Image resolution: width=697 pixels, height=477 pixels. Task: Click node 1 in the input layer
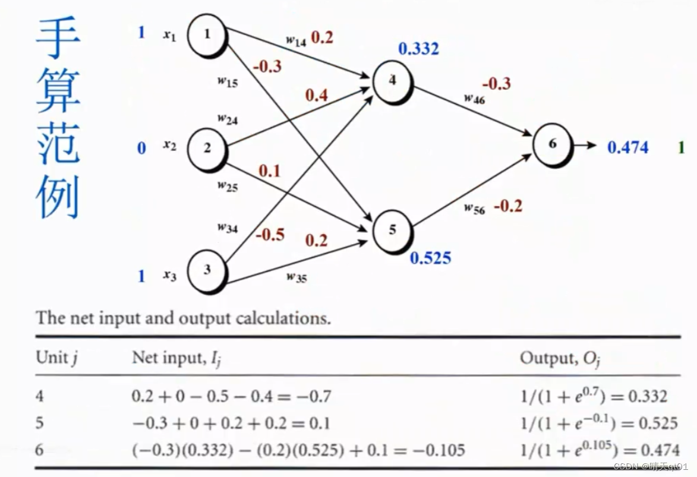pos(207,34)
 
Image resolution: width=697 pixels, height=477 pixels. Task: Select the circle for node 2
pos(207,149)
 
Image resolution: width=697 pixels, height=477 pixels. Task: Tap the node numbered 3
pos(207,270)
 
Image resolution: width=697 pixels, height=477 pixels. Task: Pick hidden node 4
pos(392,81)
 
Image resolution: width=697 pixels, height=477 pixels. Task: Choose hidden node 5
pos(392,230)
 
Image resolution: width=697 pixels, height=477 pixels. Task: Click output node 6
pos(553,144)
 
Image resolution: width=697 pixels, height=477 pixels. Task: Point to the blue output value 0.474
pos(627,147)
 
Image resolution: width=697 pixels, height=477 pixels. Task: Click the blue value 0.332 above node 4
pos(418,49)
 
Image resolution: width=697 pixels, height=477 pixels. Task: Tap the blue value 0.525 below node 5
pos(430,258)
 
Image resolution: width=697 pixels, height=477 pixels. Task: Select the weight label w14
pos(295,40)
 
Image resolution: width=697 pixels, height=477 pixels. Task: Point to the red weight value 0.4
pos(317,94)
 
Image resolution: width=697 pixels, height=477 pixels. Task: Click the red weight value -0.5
pos(270,235)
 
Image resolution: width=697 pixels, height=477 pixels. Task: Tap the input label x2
pos(170,145)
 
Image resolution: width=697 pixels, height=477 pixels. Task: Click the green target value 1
pos(681,147)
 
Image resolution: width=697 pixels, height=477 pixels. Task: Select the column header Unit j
pos(58,358)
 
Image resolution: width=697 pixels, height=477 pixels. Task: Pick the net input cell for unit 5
pos(231,423)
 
